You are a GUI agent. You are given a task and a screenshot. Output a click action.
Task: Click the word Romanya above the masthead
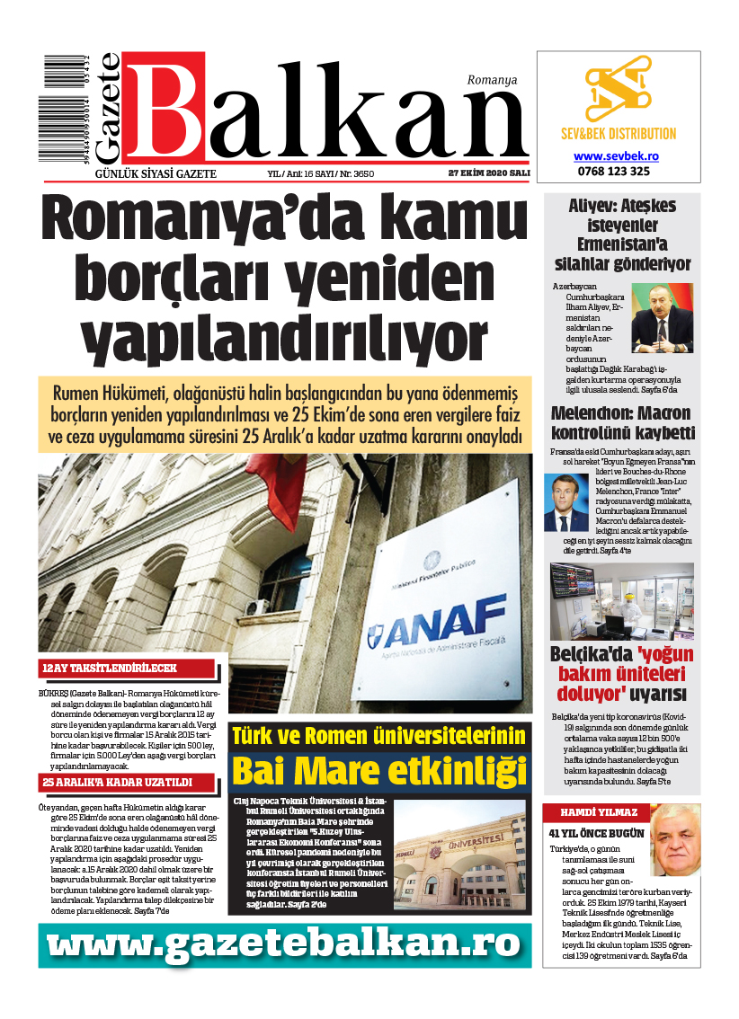coord(492,80)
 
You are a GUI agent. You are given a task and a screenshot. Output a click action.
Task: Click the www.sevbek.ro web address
coord(617,155)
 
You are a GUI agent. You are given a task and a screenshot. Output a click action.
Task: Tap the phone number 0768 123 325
coord(617,171)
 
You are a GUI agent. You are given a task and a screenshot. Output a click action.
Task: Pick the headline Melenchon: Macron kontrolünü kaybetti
coord(622,422)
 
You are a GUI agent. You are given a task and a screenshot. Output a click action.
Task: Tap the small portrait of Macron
coord(565,503)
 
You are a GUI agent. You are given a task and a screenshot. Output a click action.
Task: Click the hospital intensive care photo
coord(622,600)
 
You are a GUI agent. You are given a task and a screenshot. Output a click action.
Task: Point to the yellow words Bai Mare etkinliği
coord(378,770)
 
